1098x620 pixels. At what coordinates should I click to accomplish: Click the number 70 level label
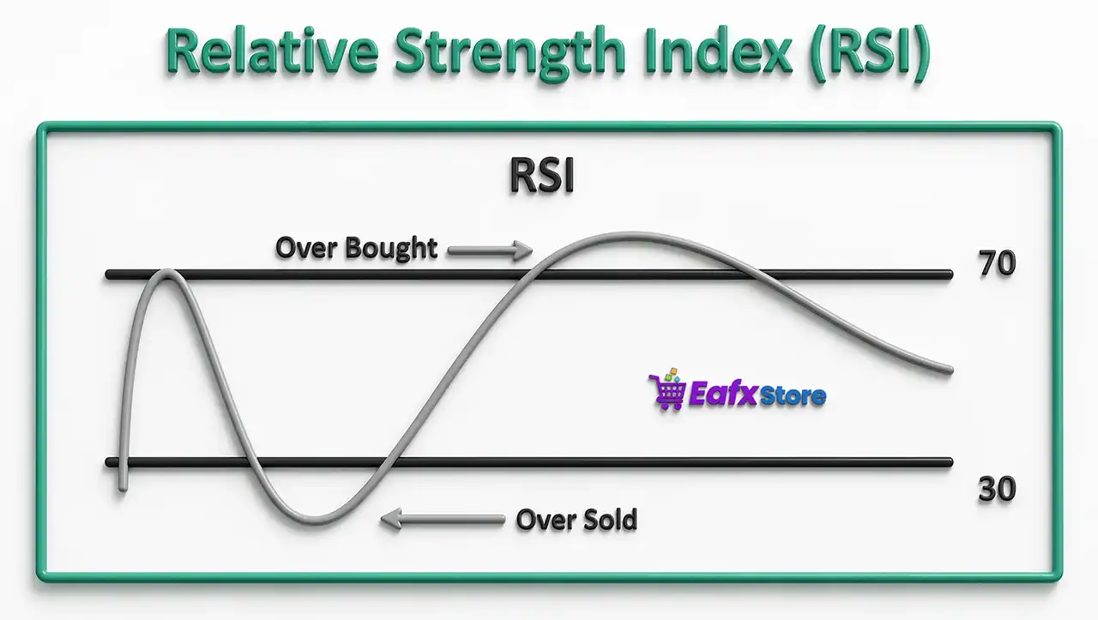point(997,264)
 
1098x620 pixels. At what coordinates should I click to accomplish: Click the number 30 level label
point(997,490)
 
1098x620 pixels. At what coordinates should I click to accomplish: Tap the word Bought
point(391,249)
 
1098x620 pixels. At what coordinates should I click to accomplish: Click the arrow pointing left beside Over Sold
point(442,518)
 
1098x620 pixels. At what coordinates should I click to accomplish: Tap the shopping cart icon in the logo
point(667,391)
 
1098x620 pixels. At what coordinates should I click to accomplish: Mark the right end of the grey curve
point(949,370)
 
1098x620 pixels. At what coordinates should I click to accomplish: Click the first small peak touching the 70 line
point(167,274)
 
